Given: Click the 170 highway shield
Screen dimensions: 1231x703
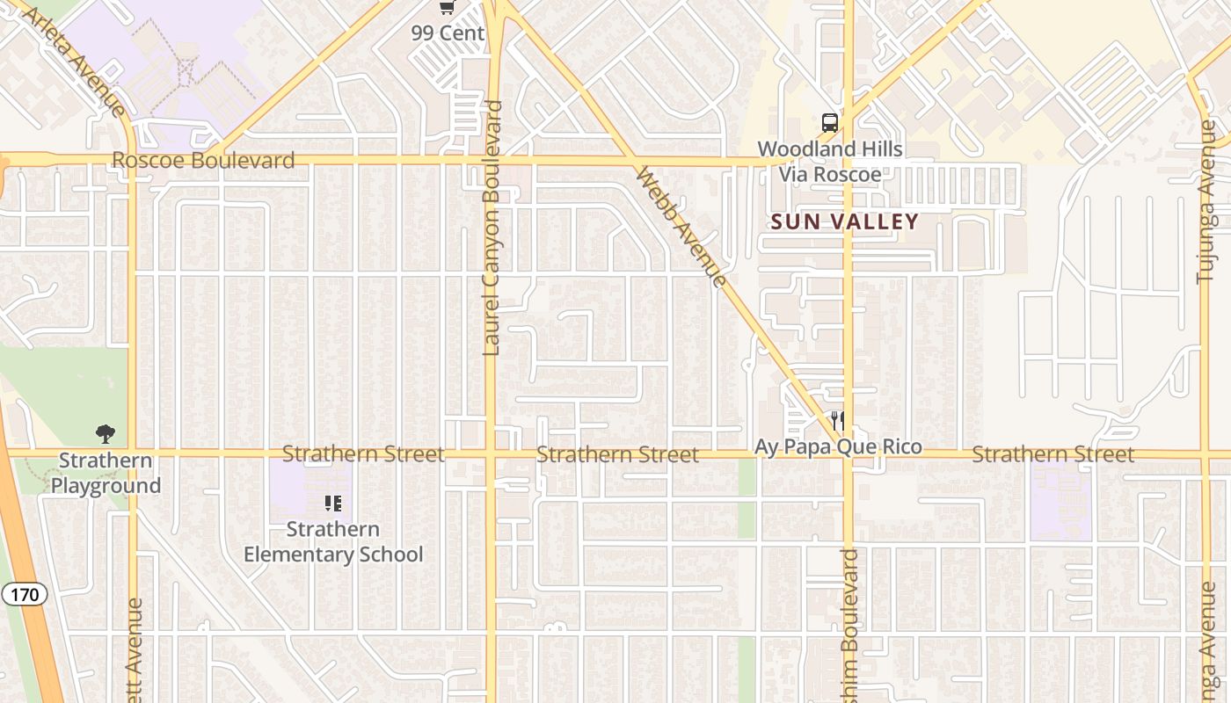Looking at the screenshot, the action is pos(25,595).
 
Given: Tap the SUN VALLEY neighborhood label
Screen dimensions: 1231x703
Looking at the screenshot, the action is pos(844,221).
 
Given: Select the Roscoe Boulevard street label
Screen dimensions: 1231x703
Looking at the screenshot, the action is pos(203,161).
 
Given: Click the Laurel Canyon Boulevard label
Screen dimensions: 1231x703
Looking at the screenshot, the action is pos(492,228).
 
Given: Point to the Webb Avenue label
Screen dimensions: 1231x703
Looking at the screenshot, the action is pos(681,227).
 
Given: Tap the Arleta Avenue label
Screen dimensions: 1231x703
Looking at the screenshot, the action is pos(74,60).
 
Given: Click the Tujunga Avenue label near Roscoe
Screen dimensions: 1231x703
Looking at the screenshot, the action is pos(1206,202).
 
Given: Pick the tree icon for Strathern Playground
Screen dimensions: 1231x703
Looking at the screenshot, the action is pos(106,433).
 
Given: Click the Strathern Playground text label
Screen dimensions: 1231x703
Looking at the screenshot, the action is pos(106,473).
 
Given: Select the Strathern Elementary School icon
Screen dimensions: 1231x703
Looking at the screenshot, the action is pos(333,504).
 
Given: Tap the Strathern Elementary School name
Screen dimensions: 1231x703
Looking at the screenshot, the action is pos(333,542).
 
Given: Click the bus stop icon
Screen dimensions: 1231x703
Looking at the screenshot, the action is pos(829,123).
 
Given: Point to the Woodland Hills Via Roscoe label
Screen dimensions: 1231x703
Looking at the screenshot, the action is pos(830,162).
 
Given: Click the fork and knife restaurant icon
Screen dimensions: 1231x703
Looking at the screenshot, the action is pos(837,421).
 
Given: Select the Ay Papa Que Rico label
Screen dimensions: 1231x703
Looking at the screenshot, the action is pos(838,447).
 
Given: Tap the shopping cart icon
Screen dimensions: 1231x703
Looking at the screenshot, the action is pos(448,8).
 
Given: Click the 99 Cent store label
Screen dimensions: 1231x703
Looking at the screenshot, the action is pos(448,33).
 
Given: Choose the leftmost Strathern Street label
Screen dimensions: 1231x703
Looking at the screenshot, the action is pos(363,454).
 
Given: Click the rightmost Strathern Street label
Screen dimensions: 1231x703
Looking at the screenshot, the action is pos(1053,454).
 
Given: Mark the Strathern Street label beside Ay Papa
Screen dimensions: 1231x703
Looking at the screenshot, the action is pos(617,454).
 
